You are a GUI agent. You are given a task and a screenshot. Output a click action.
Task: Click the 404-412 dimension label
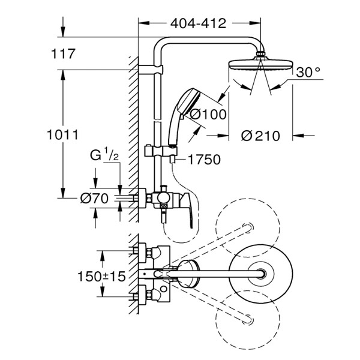click(198, 23)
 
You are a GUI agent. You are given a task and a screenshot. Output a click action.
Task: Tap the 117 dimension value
click(63, 54)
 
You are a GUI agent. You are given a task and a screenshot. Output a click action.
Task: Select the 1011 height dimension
click(62, 135)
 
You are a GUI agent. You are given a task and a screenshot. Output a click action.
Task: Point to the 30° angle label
click(308, 72)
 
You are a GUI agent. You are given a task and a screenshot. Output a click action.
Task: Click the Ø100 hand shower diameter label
click(208, 115)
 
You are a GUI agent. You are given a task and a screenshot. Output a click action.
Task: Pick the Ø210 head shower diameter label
click(260, 136)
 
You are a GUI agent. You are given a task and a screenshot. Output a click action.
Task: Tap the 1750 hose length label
click(204, 160)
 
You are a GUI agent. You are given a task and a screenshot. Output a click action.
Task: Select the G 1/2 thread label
click(104, 154)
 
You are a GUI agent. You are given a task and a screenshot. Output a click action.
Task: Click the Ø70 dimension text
click(94, 199)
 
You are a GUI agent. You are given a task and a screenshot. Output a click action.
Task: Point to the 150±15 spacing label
click(102, 276)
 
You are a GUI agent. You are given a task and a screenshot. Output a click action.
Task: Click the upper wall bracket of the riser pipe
click(151, 70)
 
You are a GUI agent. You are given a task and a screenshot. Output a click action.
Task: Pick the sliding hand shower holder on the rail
click(161, 151)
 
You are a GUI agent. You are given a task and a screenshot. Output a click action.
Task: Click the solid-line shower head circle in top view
click(261, 274)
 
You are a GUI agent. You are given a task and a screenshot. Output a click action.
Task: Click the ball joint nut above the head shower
click(260, 54)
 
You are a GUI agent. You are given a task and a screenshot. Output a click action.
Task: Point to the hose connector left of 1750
click(172, 159)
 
